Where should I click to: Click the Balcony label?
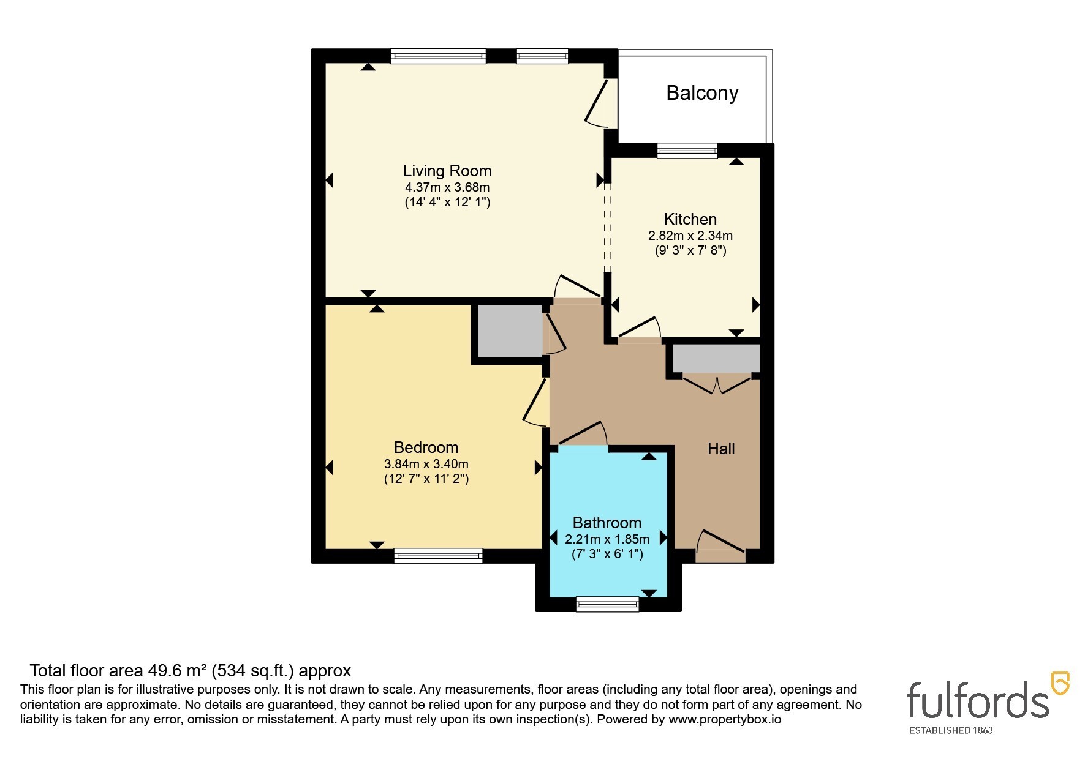(x=702, y=93)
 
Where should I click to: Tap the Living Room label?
(x=447, y=171)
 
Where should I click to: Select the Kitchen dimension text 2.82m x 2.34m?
(x=690, y=236)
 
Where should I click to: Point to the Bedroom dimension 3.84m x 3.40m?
(x=426, y=464)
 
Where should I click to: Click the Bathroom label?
(x=607, y=523)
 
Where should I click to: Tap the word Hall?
(x=721, y=449)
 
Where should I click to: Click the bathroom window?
(x=608, y=605)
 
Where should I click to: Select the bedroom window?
(x=439, y=556)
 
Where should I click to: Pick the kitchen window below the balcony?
(x=687, y=151)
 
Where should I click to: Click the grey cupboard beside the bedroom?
(x=510, y=331)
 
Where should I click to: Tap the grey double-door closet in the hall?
(x=716, y=359)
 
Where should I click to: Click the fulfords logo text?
(x=978, y=699)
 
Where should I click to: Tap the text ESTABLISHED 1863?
(x=951, y=730)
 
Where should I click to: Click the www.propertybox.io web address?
(x=725, y=720)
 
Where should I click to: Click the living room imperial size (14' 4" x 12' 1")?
(x=448, y=201)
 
